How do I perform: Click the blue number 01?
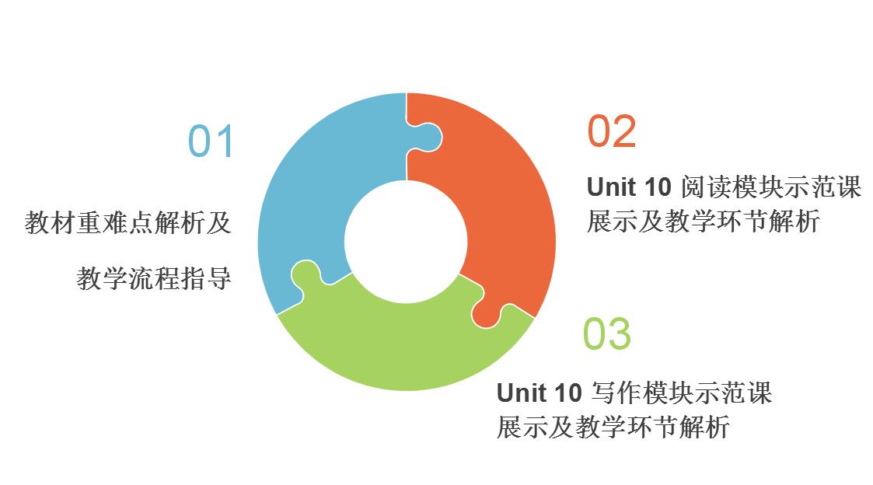click(x=210, y=141)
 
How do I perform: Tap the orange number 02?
click(x=611, y=131)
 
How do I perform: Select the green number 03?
click(x=607, y=333)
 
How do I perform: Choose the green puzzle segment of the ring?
click(x=407, y=345)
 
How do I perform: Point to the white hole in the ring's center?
click(x=406, y=242)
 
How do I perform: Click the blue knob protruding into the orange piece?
click(x=428, y=137)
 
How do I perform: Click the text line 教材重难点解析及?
click(x=127, y=223)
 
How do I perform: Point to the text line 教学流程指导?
click(x=154, y=277)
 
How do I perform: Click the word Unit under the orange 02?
click(x=609, y=187)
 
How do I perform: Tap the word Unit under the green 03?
click(x=519, y=393)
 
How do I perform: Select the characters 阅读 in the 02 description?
click(x=705, y=187)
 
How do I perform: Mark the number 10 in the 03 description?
click(x=567, y=393)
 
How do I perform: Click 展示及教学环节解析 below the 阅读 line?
click(x=704, y=221)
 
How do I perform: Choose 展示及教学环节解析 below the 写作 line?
click(x=613, y=427)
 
